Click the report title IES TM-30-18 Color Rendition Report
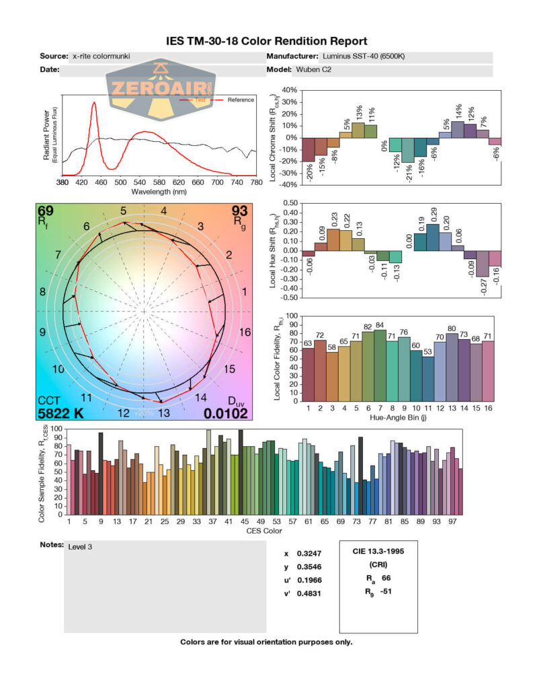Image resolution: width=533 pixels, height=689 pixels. coord(266,42)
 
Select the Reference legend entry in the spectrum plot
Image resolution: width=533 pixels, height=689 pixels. coord(240,100)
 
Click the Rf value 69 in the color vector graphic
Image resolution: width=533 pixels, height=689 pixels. coord(46,212)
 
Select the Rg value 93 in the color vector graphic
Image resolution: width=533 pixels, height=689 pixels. coord(240,212)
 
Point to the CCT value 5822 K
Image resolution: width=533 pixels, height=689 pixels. coord(60,414)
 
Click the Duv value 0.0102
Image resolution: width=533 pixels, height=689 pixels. coord(227,414)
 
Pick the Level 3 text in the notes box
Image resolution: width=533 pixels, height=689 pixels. coord(80,547)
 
